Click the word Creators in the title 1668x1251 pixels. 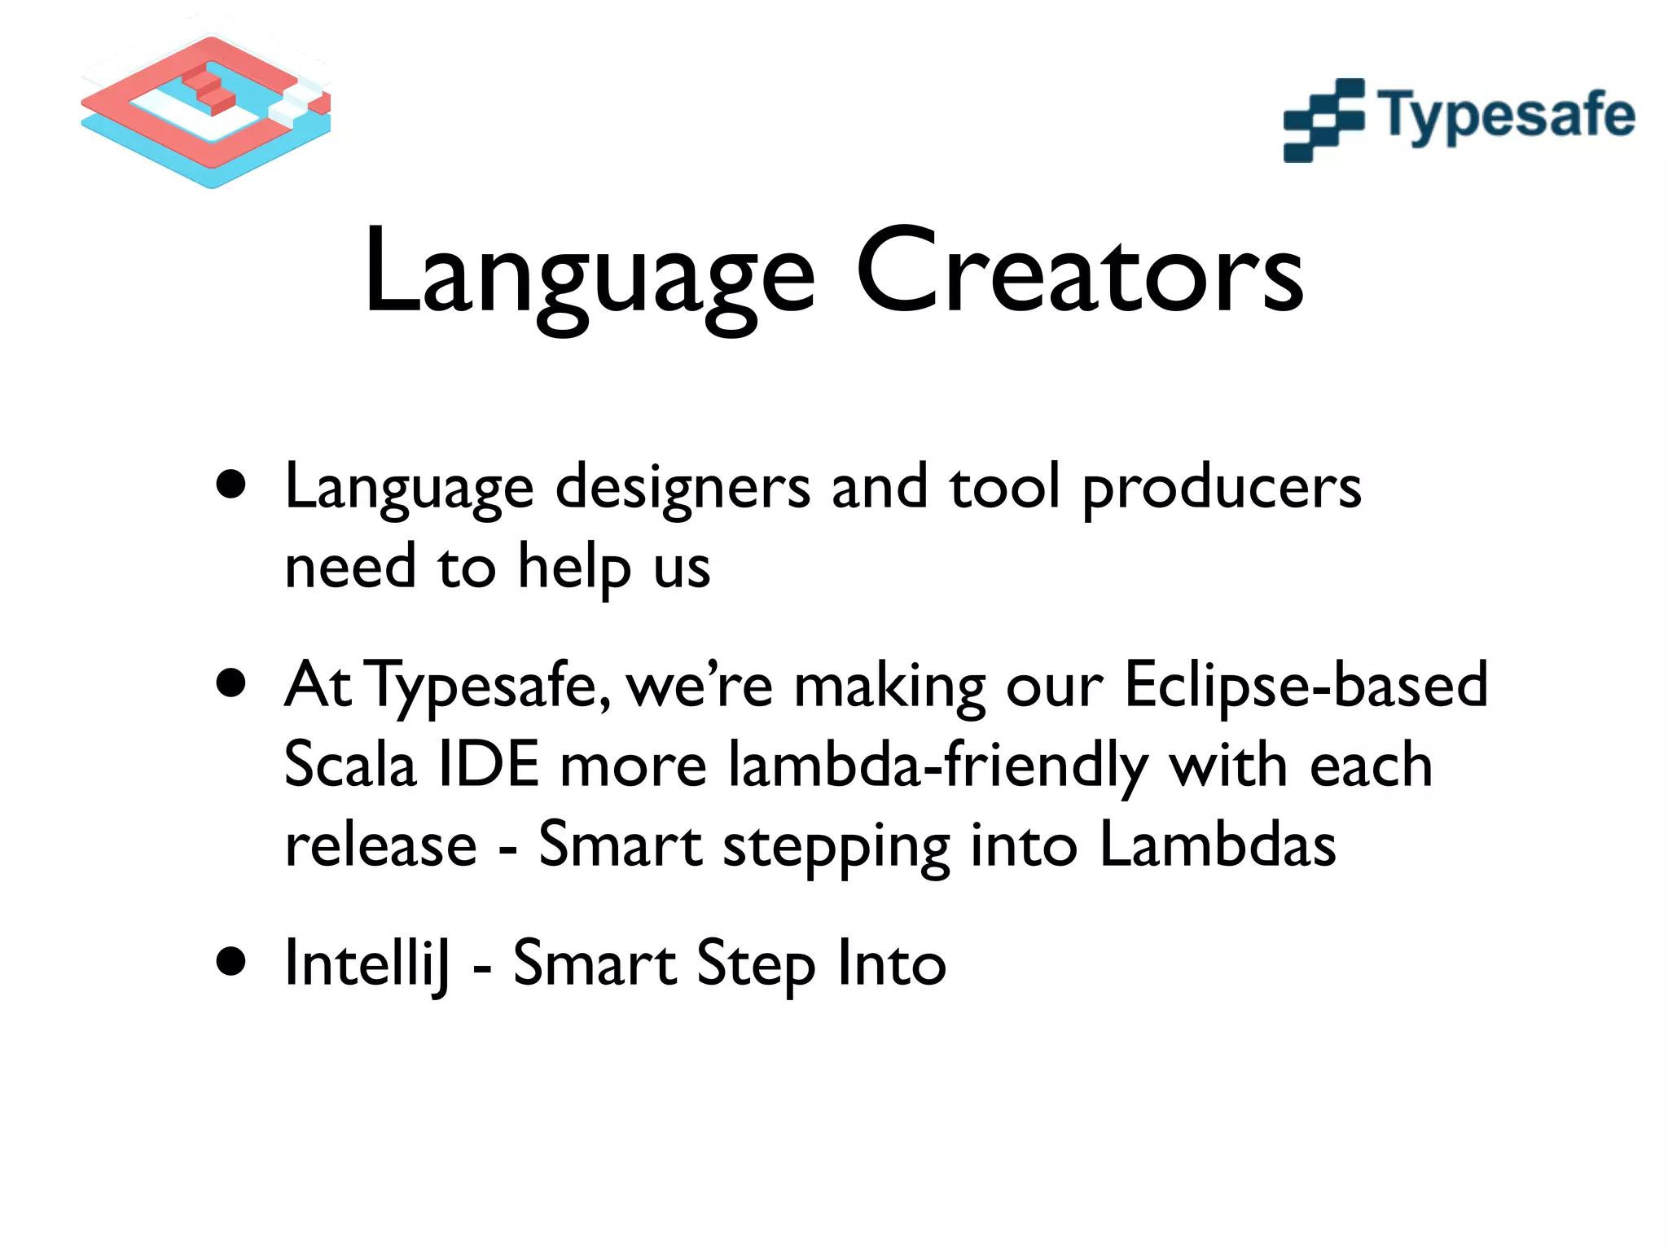click(x=1079, y=273)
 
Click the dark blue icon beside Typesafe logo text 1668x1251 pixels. click(x=1323, y=120)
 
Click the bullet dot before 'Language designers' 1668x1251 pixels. click(x=232, y=485)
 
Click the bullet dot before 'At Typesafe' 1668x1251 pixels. click(x=232, y=683)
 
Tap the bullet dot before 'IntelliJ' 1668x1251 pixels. click(x=232, y=962)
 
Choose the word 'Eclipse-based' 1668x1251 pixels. click(x=1306, y=684)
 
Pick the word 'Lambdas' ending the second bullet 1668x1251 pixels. click(x=1217, y=845)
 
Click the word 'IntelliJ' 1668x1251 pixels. click(x=367, y=963)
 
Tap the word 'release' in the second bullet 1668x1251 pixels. click(x=380, y=845)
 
